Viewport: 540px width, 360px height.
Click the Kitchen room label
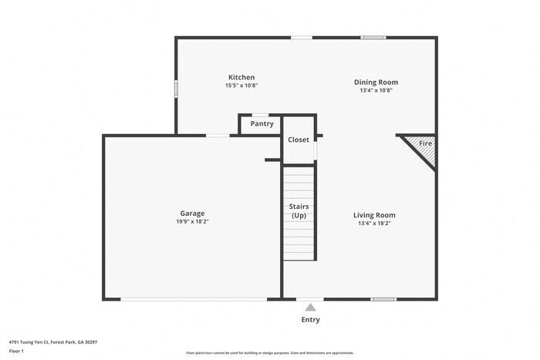(x=241, y=77)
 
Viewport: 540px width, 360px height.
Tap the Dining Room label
(x=376, y=82)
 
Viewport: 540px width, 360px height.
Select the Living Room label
(x=375, y=215)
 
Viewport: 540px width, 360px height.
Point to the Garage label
(x=192, y=213)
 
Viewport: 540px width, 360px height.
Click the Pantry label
(x=262, y=123)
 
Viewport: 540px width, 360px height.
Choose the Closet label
(x=299, y=140)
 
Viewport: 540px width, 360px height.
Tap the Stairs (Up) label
(x=299, y=210)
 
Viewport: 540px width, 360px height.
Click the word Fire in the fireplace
(x=425, y=143)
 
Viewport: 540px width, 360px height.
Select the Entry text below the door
(x=310, y=320)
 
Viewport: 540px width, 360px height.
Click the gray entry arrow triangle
(x=310, y=307)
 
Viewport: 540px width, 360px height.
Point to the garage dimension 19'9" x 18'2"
(x=192, y=221)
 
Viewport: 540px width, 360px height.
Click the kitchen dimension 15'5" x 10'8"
(x=241, y=86)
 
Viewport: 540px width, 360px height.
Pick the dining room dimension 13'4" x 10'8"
(x=376, y=90)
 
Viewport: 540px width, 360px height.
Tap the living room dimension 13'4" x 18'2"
(x=375, y=224)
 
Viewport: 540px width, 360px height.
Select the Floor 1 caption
(x=17, y=351)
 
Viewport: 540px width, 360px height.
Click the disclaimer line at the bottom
(x=269, y=352)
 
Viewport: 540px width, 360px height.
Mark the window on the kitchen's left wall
(x=176, y=89)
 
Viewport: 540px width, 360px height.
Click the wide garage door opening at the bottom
(x=193, y=299)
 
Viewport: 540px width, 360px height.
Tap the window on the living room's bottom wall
(x=383, y=299)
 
